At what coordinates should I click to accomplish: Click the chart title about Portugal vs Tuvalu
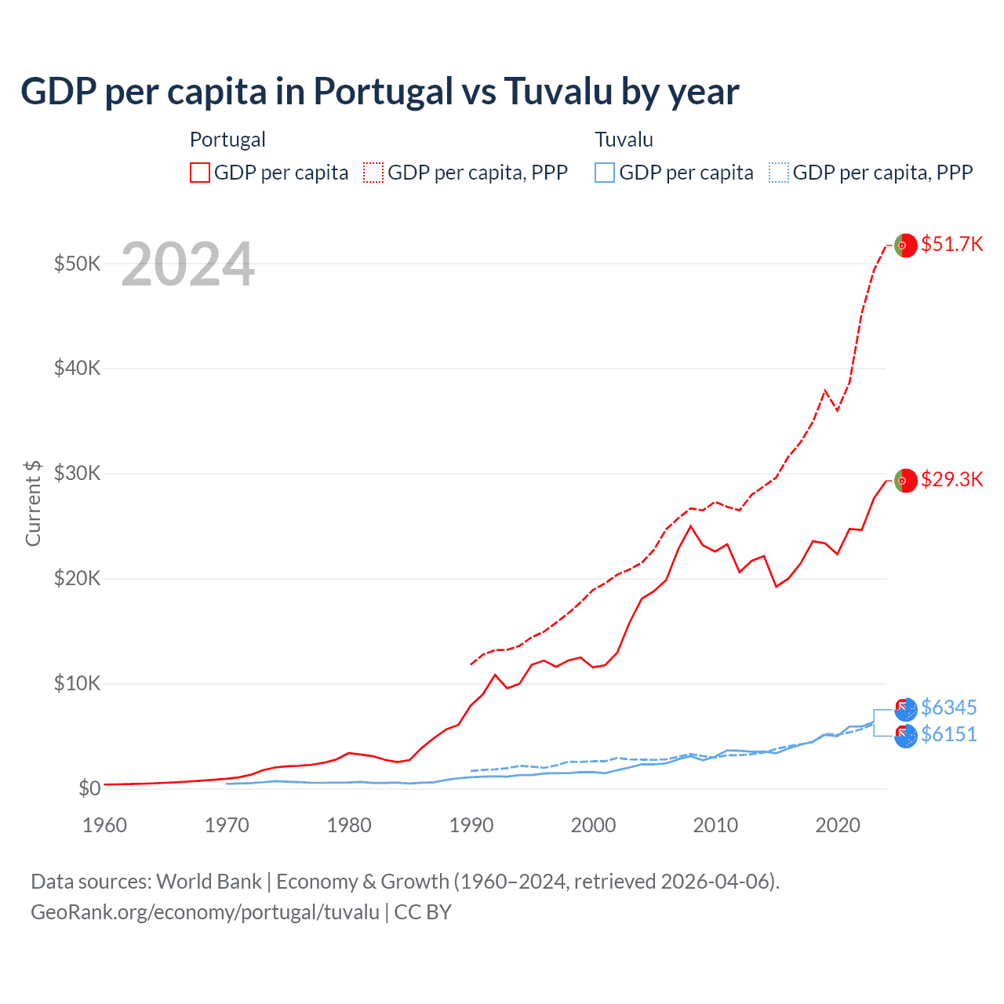coord(380,92)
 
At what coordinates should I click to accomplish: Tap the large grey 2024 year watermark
coord(187,264)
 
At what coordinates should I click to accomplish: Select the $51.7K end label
coord(951,244)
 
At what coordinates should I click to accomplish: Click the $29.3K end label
coord(951,479)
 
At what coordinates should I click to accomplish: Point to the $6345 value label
coord(948,708)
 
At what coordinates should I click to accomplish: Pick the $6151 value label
coord(948,734)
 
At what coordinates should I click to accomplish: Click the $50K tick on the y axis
coord(77,264)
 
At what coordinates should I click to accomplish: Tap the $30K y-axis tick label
coord(77,473)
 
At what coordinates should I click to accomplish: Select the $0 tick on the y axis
coord(89,788)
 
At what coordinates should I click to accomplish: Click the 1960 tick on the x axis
coord(104,825)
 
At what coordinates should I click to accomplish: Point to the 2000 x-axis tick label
coord(593,825)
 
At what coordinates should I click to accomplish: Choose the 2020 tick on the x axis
coord(838,825)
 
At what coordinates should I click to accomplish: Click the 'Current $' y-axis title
coord(33,503)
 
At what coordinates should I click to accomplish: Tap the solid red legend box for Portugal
coord(200,173)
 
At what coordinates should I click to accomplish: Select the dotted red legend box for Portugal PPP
coord(373,173)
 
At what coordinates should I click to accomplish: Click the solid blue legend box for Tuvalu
coord(605,173)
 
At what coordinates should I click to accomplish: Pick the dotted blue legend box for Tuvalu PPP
coord(779,173)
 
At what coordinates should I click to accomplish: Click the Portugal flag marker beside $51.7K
coord(906,246)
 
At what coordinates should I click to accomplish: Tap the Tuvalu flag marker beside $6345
coord(906,709)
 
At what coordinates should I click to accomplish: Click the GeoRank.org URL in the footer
coord(205,912)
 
